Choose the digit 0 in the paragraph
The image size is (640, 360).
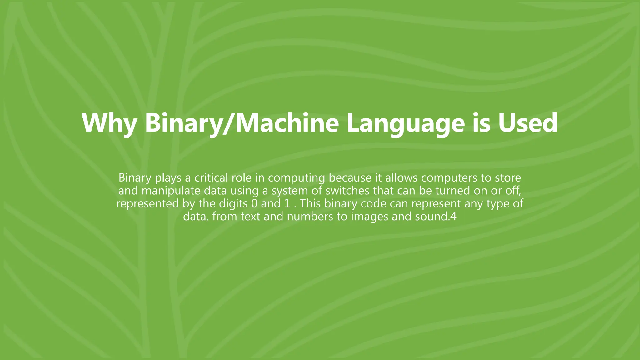pos(254,203)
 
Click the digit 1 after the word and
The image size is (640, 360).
pos(287,203)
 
